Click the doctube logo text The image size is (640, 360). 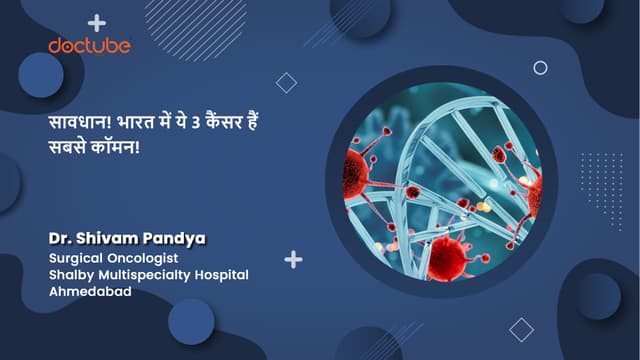90,45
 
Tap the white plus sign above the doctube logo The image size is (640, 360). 97,22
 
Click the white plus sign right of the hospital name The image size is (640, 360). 293,260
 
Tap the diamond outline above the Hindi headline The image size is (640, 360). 287,83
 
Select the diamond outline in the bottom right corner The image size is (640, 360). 521,329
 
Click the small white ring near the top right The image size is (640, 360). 540,68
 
